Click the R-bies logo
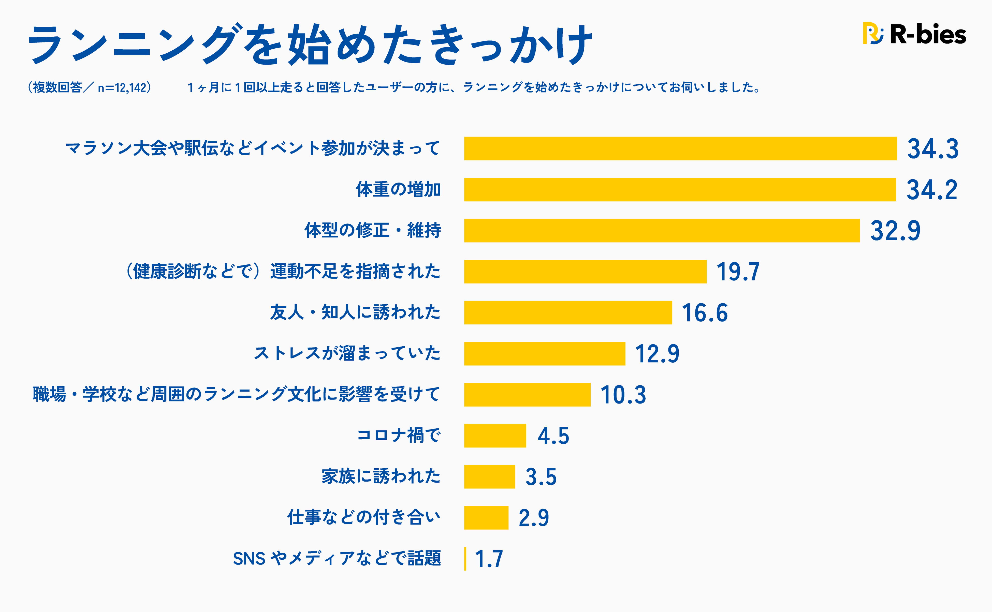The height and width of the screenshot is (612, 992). point(914,34)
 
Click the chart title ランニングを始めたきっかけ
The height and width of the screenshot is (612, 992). point(310,44)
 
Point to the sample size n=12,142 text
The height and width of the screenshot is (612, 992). point(122,88)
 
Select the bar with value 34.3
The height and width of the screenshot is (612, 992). point(680,148)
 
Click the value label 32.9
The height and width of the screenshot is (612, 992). point(895,231)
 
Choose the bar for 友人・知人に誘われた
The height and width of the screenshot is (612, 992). point(568,312)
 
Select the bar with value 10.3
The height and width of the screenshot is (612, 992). point(527,395)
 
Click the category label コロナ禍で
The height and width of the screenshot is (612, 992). point(399,436)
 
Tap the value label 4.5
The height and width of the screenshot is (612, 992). point(553,436)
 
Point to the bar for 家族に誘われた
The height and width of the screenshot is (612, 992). point(490,477)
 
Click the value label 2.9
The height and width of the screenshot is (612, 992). point(534,518)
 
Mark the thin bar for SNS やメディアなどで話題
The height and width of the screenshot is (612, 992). point(465,559)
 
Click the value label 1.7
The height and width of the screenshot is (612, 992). point(489,559)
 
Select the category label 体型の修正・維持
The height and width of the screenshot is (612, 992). point(372,231)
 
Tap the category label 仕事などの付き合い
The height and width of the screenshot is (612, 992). point(363,517)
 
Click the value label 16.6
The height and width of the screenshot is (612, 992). point(705,313)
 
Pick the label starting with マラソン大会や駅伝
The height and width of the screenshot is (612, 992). point(253,148)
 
